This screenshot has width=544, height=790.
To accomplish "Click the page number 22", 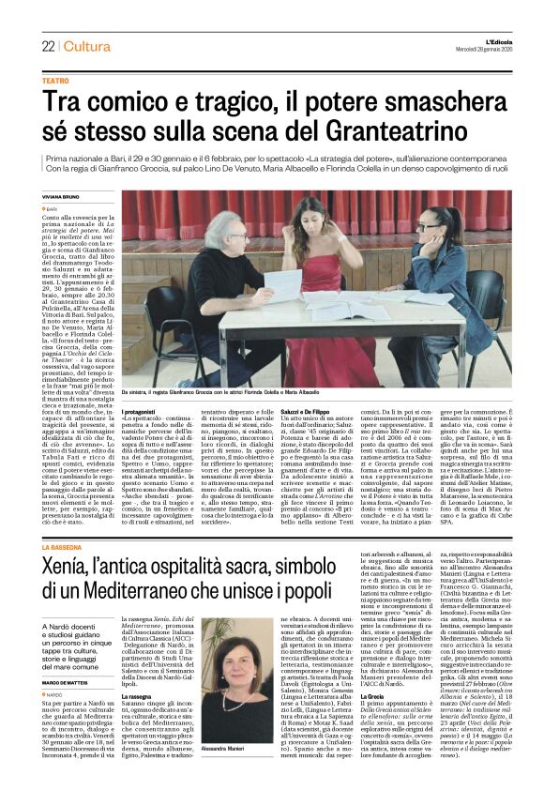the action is (x=47, y=46).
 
